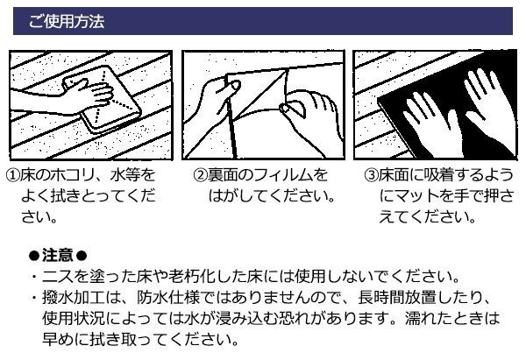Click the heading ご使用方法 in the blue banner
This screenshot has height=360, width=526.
click(67, 21)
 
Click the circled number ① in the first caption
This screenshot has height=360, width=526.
click(13, 175)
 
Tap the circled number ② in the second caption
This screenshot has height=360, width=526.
click(200, 175)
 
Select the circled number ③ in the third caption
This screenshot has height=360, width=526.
click(372, 175)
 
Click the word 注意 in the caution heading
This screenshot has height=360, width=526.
click(58, 256)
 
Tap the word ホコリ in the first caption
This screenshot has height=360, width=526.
click(73, 175)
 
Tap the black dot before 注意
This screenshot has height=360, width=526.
click(34, 256)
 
